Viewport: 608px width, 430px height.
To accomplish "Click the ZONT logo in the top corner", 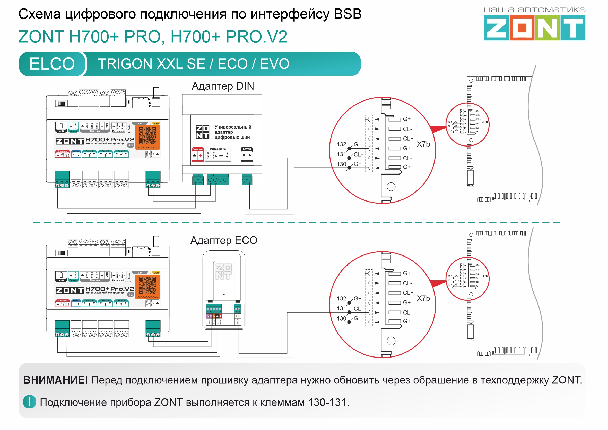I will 534,27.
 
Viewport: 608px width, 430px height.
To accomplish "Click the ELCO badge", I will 52,64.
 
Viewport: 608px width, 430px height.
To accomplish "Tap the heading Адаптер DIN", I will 223,86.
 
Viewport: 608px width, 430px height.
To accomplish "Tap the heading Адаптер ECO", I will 224,240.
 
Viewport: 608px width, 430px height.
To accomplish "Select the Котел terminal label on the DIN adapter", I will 247,149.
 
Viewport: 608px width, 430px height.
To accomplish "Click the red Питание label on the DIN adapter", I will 197,149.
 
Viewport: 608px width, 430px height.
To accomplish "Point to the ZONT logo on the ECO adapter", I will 223,272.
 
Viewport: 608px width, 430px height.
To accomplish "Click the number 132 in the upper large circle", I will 342,144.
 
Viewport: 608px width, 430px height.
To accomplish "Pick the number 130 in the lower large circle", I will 342,318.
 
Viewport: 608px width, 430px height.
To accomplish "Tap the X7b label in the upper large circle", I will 423,144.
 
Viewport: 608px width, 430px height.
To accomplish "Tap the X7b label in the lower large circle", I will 423,298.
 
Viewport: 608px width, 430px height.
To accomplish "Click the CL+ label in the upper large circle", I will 408,139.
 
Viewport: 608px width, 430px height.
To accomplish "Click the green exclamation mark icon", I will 29,402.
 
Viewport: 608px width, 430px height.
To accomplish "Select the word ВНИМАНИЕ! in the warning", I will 55,380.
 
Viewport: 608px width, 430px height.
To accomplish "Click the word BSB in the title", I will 347,14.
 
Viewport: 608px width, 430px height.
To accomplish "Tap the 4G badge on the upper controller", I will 131,145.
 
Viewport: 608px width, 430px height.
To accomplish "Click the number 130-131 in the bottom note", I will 328,402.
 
